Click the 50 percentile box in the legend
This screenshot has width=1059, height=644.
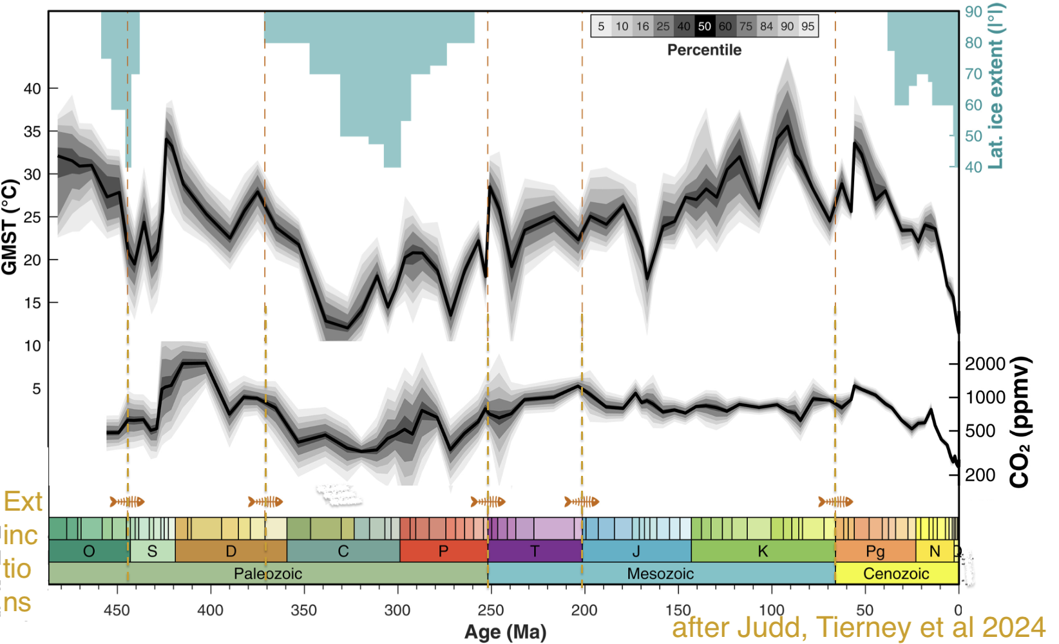705,26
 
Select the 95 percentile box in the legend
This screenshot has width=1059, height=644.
808,26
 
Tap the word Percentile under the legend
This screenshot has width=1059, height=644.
704,50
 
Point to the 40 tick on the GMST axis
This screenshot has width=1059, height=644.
32,88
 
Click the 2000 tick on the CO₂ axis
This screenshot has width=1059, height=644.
985,364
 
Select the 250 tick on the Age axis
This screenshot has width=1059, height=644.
491,610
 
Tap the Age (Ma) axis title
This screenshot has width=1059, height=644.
505,632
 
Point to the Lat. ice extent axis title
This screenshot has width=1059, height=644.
996,86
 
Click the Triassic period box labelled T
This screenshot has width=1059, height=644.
535,551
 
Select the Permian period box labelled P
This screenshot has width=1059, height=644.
443,551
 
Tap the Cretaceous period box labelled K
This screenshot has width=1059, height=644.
763,551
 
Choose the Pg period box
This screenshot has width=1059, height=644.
875,551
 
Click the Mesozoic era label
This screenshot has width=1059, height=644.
660,573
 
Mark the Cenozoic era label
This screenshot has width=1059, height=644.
896,573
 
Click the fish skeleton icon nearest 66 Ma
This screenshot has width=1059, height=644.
835,502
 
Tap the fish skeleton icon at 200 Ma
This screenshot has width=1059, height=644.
582,502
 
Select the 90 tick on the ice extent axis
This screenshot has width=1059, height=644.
973,12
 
